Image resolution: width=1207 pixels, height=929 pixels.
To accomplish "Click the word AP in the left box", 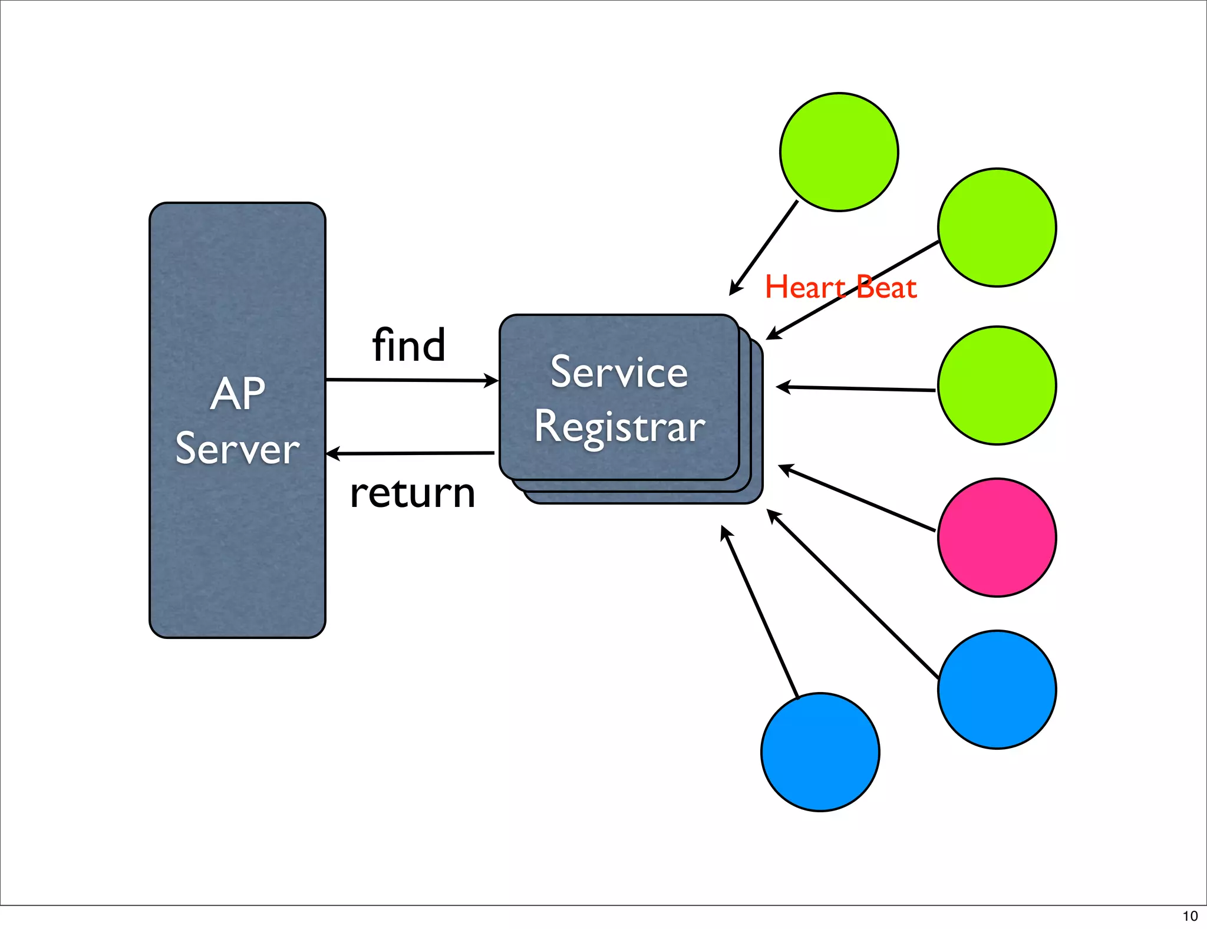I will click(x=238, y=394).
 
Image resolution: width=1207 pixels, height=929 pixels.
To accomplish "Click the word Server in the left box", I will click(x=238, y=449).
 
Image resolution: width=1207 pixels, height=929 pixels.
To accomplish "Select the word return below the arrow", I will click(x=412, y=493).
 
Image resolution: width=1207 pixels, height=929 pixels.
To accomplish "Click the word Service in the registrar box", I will click(x=619, y=372).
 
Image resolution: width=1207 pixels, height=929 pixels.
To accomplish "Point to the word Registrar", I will click(x=619, y=427).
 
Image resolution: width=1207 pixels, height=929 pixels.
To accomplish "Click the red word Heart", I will click(x=805, y=288).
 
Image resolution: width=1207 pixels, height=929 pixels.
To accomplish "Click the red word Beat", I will click(x=887, y=288).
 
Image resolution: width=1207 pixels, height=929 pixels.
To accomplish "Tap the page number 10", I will click(x=1190, y=916).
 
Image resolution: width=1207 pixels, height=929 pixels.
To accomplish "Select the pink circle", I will click(x=997, y=538).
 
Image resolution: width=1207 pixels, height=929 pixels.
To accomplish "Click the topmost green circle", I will click(x=839, y=152).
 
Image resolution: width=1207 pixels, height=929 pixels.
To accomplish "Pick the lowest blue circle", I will click(x=820, y=752).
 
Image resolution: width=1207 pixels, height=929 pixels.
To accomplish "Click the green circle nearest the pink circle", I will click(x=997, y=386).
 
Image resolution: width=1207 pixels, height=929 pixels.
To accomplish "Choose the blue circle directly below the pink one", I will click(x=997, y=690).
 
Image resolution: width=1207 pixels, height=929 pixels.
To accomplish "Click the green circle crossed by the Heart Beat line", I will click(x=997, y=228).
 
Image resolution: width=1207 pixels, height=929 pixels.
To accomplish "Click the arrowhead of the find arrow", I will click(x=492, y=381).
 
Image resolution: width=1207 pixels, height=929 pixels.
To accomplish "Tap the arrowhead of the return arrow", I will click(x=333, y=453).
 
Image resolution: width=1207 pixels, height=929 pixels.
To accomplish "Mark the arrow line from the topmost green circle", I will click(x=764, y=248).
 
